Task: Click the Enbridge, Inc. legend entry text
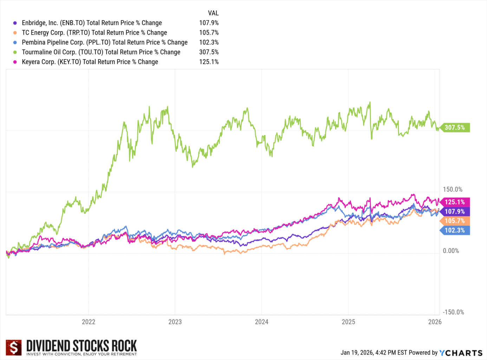point(92,23)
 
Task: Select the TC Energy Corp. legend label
point(94,33)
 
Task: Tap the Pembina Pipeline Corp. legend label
point(104,43)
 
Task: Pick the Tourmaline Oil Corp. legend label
point(101,52)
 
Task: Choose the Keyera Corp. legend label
point(90,62)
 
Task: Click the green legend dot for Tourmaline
point(15,52)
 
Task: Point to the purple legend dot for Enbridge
point(15,23)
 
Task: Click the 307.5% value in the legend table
point(209,52)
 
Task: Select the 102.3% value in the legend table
point(209,43)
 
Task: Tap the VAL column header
point(213,13)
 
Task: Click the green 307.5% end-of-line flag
point(455,128)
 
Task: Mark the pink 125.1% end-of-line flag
point(455,202)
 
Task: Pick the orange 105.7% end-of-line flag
point(455,221)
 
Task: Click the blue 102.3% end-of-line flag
point(455,230)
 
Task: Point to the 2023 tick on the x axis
point(175,322)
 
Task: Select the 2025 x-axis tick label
point(348,322)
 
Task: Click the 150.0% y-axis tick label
point(453,189)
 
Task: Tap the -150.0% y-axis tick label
point(453,312)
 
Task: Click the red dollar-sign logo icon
point(14,348)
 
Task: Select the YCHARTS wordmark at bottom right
point(461,353)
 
